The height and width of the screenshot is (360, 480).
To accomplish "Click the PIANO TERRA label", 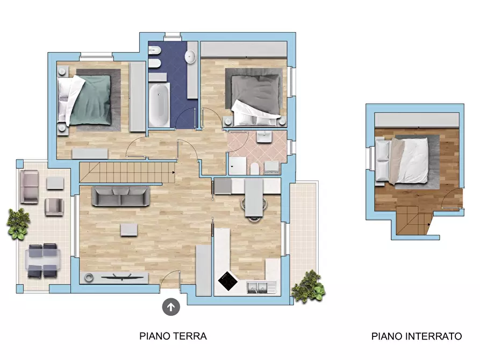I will point(173,336).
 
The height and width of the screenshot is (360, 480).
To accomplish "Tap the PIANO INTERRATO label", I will point(416,336).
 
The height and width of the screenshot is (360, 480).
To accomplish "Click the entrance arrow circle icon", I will point(171,307).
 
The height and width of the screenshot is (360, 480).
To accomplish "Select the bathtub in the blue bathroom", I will point(159,105).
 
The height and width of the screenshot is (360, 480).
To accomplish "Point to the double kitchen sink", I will point(258,288).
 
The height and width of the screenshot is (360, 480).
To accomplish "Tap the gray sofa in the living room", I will point(121,197).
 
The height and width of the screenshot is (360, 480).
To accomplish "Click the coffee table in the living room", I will point(128,229).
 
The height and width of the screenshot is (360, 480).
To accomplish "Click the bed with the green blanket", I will point(88,99).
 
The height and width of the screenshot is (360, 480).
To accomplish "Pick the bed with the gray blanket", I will point(256,97).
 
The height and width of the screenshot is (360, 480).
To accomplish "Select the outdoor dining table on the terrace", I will point(42,260).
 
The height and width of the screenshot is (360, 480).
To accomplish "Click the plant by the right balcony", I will point(309,287).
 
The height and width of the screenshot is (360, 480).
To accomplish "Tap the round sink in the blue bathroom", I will point(191,56).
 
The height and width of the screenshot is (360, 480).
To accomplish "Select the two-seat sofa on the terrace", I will point(29,187).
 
